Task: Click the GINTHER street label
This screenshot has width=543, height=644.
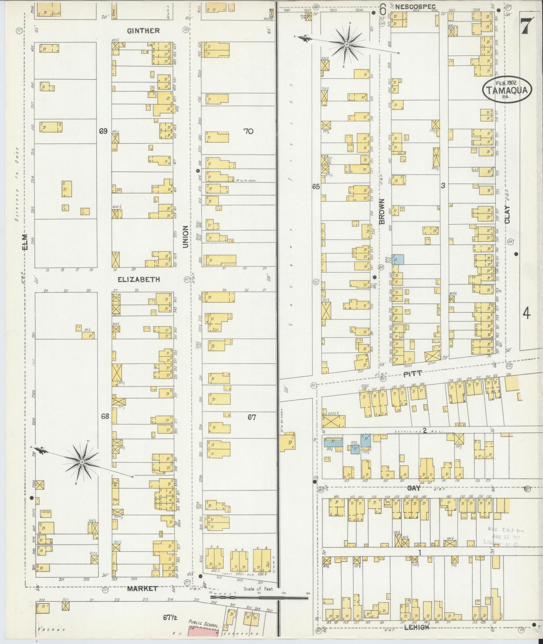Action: (x=143, y=31)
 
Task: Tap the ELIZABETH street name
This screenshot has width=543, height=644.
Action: (x=139, y=280)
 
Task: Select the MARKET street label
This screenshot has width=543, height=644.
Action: (x=142, y=588)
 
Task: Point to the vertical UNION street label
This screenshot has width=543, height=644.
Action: (x=185, y=237)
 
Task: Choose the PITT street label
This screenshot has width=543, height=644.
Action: (x=413, y=374)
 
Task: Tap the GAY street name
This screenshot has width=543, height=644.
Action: (x=413, y=488)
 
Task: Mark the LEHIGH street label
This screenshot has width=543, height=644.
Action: (x=417, y=627)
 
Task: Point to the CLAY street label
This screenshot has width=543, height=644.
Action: (x=507, y=215)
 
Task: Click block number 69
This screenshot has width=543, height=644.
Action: (x=103, y=131)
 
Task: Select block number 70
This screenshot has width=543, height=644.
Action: (x=248, y=131)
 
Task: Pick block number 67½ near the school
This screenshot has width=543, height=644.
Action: (x=170, y=617)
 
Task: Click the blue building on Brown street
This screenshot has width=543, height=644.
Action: (x=398, y=259)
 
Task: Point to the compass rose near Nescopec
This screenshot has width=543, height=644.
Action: (x=346, y=44)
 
